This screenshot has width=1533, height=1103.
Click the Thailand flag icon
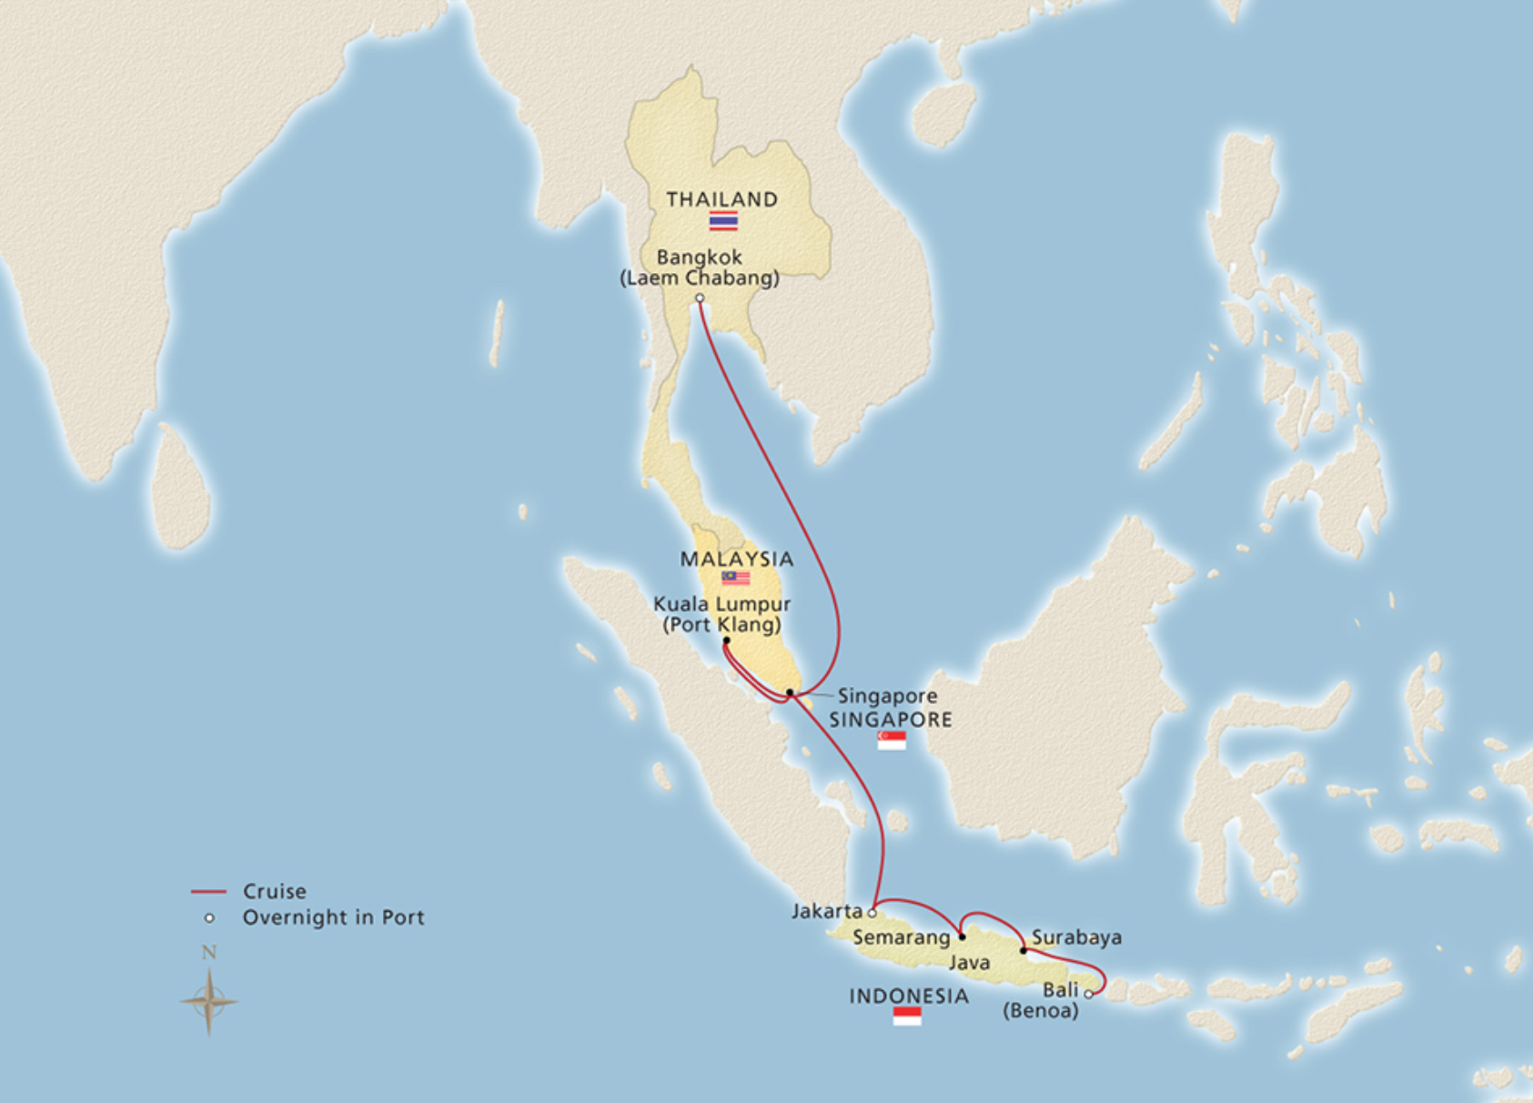(723, 220)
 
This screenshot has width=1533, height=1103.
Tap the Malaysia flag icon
(735, 578)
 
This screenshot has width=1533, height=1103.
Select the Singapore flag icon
(892, 741)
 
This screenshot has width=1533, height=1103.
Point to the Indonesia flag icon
(907, 1017)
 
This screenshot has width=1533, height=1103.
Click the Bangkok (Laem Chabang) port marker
(700, 299)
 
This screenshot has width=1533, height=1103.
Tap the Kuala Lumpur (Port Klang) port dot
(726, 641)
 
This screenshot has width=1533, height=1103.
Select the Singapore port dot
(790, 693)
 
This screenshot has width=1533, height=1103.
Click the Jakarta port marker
(872, 913)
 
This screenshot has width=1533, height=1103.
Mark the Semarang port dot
(963, 936)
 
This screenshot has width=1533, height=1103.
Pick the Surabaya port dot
(1024, 951)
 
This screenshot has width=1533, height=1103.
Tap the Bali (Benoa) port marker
(1088, 995)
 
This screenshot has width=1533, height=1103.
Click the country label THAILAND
(721, 199)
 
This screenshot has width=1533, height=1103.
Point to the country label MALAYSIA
(737, 559)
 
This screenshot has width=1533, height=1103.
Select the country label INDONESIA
(908, 997)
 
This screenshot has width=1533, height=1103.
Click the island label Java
(969, 963)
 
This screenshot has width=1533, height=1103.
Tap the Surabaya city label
(1076, 937)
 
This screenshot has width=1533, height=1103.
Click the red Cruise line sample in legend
(208, 892)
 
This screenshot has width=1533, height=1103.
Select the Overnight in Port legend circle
(209, 918)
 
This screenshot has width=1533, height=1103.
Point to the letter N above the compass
(209, 953)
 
